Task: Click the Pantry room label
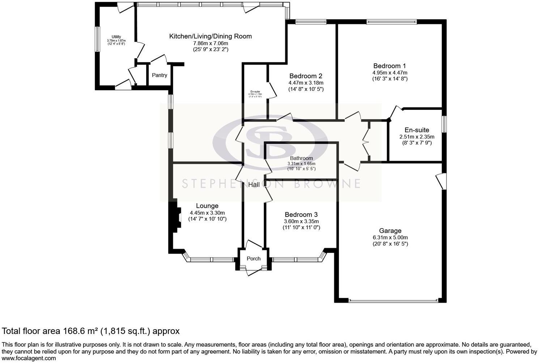pos(160,75)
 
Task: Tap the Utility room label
pos(116,37)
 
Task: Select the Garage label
pos(390,231)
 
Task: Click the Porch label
pos(253,259)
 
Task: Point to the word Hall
pos(254,185)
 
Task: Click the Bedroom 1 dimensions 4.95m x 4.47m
pos(390,72)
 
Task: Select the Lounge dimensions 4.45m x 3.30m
pos(207,213)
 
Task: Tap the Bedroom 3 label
pos(301,215)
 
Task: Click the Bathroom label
pos(301,158)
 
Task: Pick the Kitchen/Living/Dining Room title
pos(211,36)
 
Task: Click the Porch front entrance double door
pos(254,271)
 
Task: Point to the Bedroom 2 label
pos(306,76)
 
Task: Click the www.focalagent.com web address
pos(29,359)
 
